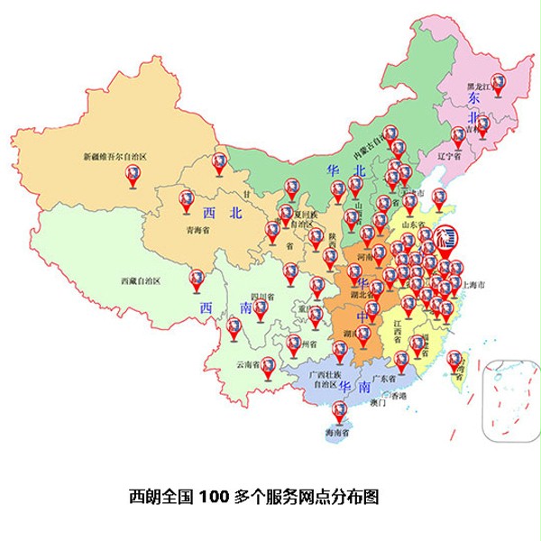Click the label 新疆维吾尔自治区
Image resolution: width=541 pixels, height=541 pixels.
[115, 156]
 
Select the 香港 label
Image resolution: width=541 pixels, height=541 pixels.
[397, 397]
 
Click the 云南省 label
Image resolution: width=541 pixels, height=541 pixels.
[248, 365]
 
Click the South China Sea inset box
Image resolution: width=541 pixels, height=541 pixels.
[510, 400]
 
